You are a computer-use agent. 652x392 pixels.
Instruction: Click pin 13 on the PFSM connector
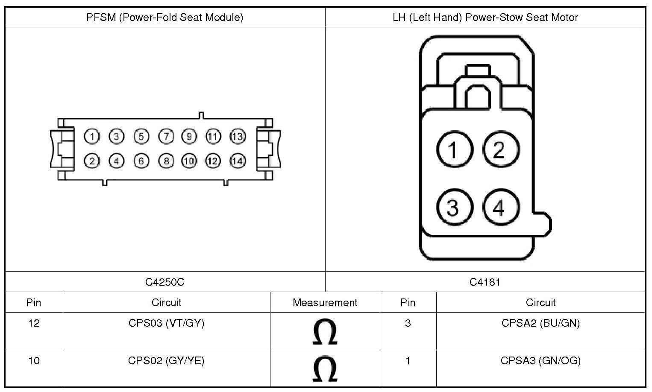[238, 137]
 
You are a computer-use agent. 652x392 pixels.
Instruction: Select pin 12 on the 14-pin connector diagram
[213, 161]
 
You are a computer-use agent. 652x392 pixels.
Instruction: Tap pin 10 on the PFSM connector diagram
[189, 161]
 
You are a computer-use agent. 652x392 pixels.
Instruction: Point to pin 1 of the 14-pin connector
[92, 137]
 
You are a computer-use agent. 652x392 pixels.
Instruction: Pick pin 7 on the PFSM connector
[166, 137]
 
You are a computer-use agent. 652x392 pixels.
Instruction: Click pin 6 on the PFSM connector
[141, 161]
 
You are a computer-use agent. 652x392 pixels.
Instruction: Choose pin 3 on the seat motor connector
[454, 208]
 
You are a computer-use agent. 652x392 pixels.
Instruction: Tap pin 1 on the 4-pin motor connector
[454, 149]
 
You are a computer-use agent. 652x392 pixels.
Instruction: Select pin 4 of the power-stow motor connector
[501, 208]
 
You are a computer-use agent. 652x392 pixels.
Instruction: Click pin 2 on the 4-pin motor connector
[501, 149]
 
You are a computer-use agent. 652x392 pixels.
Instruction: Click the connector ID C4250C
[165, 282]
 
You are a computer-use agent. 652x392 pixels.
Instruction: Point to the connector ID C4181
[485, 282]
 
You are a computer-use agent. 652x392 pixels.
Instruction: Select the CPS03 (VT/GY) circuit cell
[166, 323]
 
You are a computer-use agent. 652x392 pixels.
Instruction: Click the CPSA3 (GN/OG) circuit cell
[540, 361]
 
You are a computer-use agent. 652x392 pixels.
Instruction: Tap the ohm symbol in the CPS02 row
[325, 369]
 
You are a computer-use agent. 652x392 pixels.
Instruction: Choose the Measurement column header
[325, 303]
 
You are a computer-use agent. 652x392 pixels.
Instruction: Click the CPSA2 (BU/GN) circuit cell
[540, 323]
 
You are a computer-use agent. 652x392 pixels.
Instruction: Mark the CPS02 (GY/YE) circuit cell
[166, 361]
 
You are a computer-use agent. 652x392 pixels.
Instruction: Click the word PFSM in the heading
[101, 18]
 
